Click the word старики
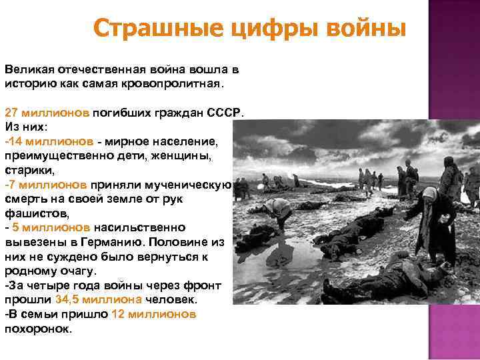tap(25, 171)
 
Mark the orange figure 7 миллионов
tap(47, 184)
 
